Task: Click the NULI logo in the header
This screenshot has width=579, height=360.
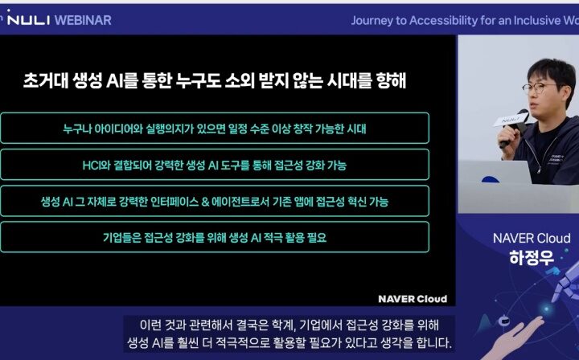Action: pos(28,18)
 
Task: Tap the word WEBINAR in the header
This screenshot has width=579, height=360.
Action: pos(83,20)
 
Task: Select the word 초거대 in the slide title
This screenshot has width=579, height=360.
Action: pos(45,80)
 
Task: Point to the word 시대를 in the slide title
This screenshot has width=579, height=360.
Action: pos(349,80)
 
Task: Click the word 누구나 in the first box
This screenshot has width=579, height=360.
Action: pos(76,129)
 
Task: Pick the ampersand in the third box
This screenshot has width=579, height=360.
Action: pos(205,202)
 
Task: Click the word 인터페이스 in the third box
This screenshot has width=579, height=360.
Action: pos(175,202)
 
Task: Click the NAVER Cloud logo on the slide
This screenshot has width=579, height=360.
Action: pos(413,299)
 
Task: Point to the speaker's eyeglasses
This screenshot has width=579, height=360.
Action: pos(540,88)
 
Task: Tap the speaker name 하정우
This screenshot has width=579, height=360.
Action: pos(532,258)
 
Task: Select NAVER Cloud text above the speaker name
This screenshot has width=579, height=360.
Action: pos(532,239)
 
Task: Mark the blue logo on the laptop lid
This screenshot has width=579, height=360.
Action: pos(490,180)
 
